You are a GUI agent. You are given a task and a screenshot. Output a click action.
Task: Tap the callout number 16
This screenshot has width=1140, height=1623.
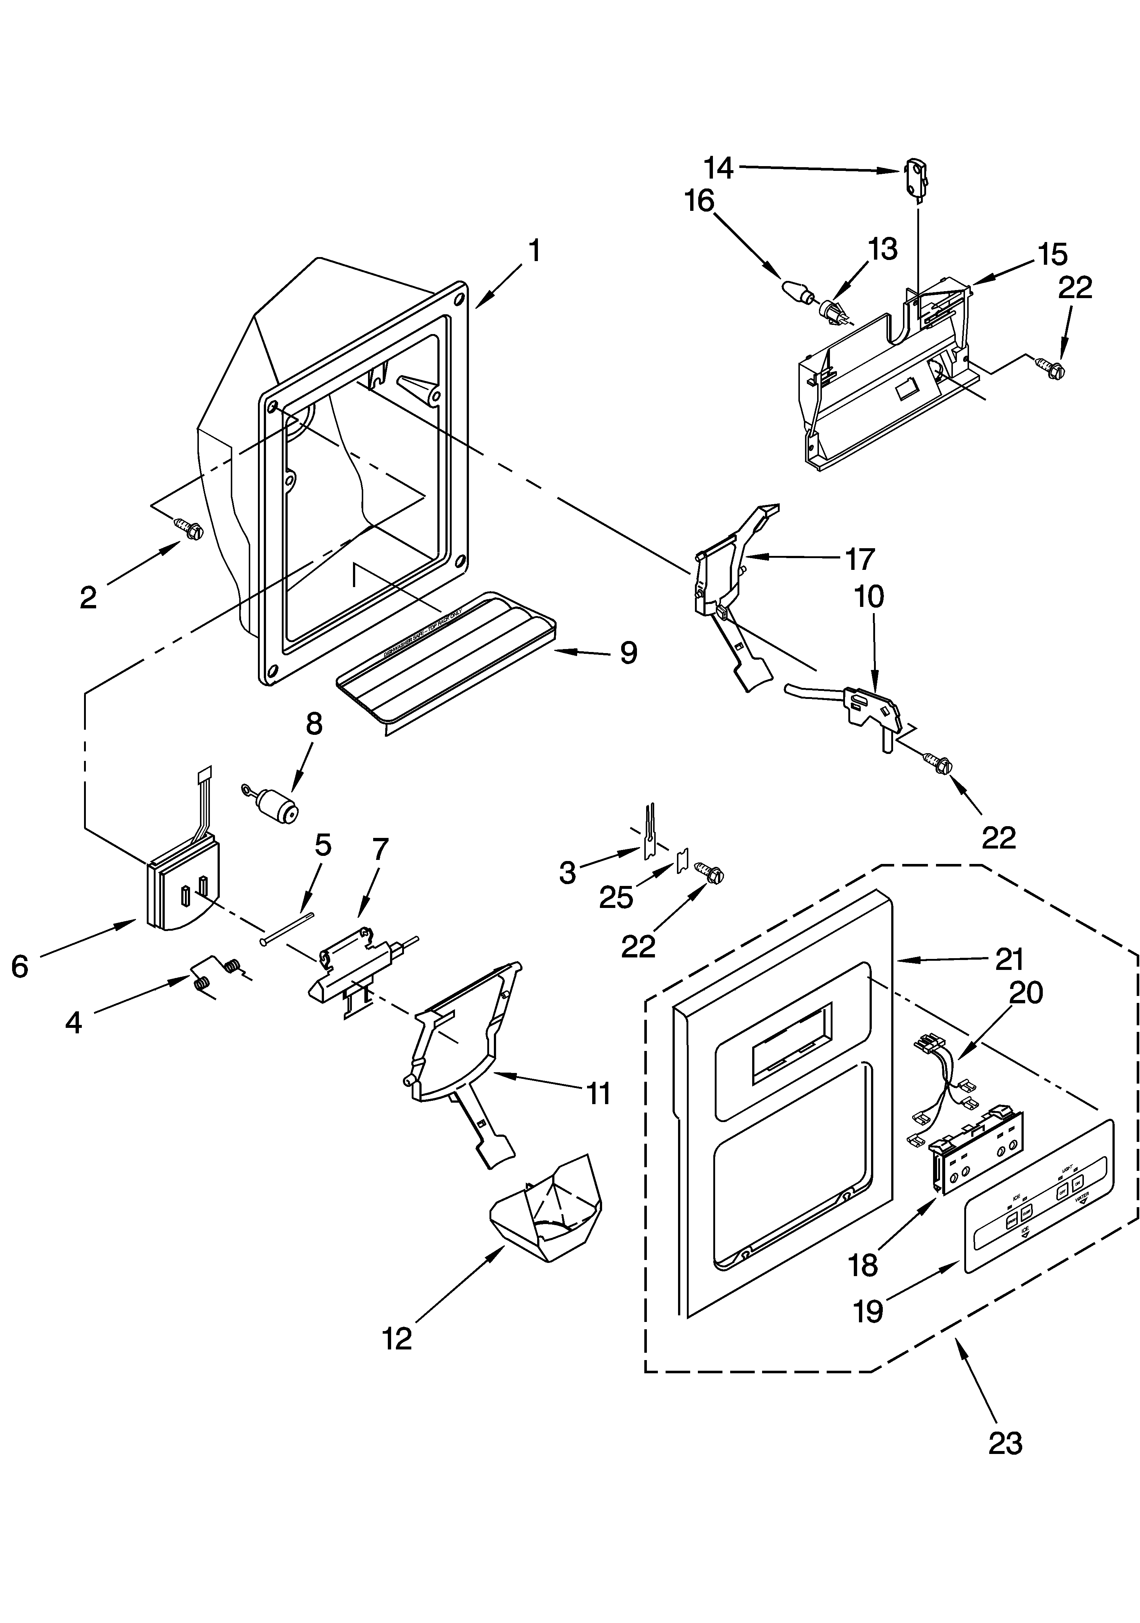[x=699, y=201]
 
